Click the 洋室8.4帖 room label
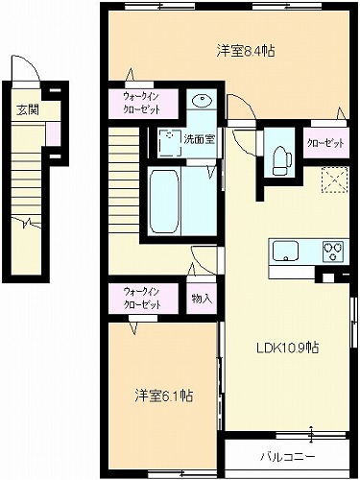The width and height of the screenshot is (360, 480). [246, 51]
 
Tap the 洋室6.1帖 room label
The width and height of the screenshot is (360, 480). [163, 396]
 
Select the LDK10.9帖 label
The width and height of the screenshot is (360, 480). [288, 348]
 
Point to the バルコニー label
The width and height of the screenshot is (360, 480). [287, 457]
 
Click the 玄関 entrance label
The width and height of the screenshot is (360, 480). [28, 109]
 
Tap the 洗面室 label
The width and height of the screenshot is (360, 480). [199, 139]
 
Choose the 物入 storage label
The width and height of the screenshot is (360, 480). [202, 299]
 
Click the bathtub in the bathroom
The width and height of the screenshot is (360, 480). [164, 202]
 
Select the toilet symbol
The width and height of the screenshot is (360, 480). [281, 161]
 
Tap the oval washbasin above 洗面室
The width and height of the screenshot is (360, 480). [202, 101]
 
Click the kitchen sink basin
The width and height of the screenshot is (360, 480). [285, 252]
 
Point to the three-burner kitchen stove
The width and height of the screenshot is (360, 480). [333, 252]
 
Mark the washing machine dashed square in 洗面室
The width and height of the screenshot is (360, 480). [169, 143]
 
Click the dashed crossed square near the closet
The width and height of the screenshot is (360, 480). [334, 180]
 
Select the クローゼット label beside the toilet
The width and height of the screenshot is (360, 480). [325, 143]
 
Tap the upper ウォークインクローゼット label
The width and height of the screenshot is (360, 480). [142, 103]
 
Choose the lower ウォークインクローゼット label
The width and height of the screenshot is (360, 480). [142, 299]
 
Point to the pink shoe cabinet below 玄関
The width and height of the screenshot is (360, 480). [53, 133]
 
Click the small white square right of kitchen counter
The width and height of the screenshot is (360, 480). [327, 277]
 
